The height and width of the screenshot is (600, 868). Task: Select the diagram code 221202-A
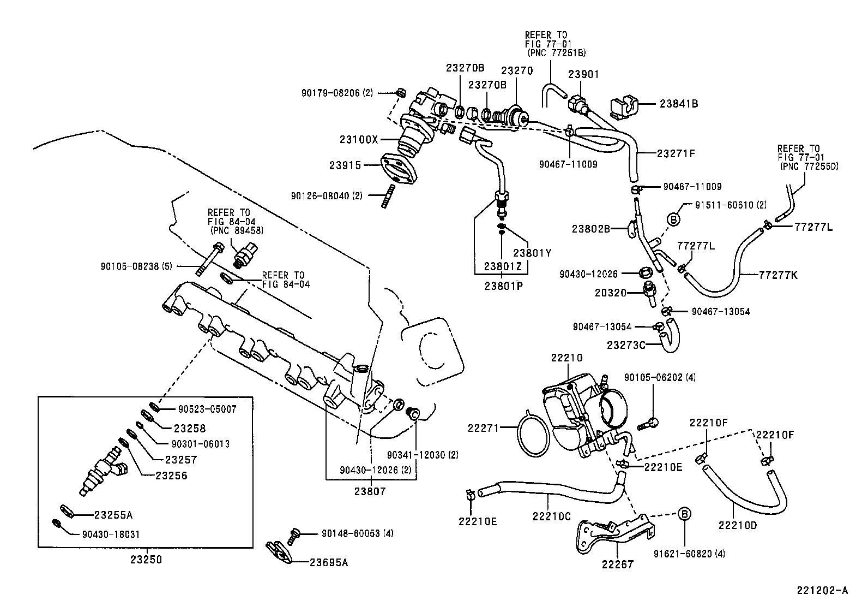[823, 590]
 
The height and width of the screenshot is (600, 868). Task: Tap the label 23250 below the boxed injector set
[146, 560]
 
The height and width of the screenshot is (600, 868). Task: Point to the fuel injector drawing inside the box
[103, 470]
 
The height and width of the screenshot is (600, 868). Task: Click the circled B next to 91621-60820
[685, 514]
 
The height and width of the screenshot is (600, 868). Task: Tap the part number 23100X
[359, 139]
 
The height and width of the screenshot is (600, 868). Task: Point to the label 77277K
[777, 275]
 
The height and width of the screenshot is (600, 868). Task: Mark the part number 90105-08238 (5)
[136, 266]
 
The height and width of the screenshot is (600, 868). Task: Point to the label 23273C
[626, 345]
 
